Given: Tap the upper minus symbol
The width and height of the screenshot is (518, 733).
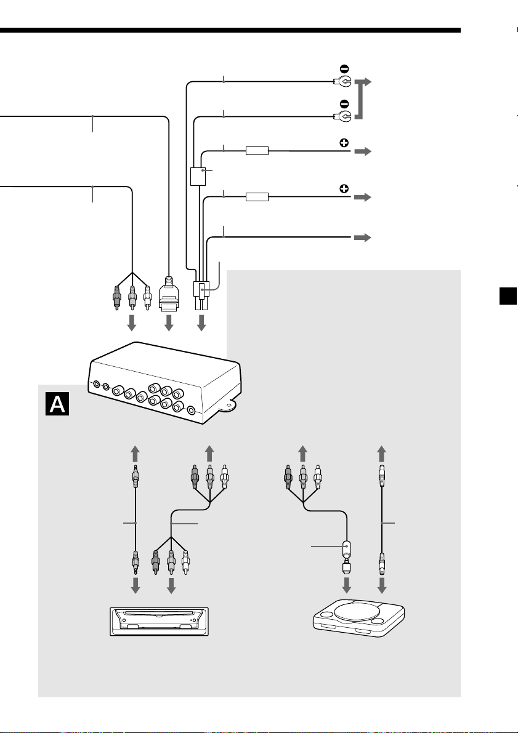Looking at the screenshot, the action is tap(344, 69).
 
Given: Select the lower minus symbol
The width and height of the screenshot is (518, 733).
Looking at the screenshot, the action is tap(344, 103).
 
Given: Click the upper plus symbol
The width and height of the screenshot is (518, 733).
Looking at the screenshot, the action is tap(344, 143).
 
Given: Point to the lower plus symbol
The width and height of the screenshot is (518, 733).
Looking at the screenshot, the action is tap(344, 189).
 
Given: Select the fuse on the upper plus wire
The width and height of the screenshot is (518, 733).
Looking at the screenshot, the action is tap(257, 151).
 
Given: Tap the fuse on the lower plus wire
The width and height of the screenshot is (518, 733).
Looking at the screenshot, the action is tap(257, 197).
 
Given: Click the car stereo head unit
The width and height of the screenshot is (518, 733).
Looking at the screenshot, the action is tap(159, 621).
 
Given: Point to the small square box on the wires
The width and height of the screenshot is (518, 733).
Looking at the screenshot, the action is tap(198, 177).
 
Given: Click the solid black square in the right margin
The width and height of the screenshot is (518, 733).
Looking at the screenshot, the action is tap(508, 297).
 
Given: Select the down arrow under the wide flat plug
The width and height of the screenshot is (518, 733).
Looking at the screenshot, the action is tap(169, 322).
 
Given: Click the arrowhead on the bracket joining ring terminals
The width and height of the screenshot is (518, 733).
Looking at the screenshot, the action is tap(367, 82).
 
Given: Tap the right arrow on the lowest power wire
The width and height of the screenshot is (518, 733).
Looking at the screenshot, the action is tap(362, 238).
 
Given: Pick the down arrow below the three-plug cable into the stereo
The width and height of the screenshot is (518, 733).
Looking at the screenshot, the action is tap(171, 585).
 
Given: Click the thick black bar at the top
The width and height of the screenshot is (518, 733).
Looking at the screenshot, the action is tap(230, 30).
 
